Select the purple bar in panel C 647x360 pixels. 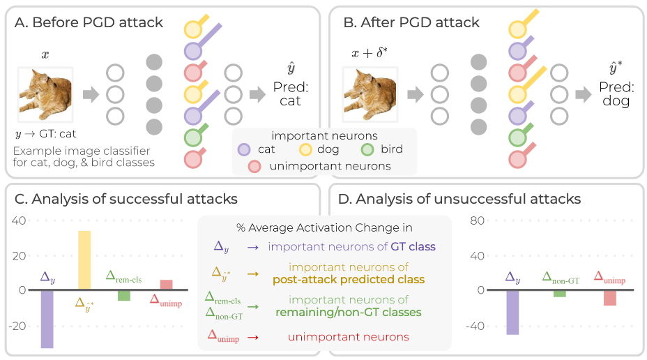tap(47, 318)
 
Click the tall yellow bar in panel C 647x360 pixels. tap(84, 260)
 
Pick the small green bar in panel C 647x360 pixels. tap(123, 295)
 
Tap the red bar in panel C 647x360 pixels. tap(166, 285)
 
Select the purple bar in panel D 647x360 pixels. tap(512, 312)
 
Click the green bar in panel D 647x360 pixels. tap(560, 294)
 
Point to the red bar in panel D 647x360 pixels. tap(610, 298)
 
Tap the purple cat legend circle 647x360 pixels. tap(243, 149)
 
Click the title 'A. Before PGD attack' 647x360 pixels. tap(89, 22)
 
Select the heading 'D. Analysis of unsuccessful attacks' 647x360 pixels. tap(458, 200)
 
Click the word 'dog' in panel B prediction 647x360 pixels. tap(616, 100)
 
